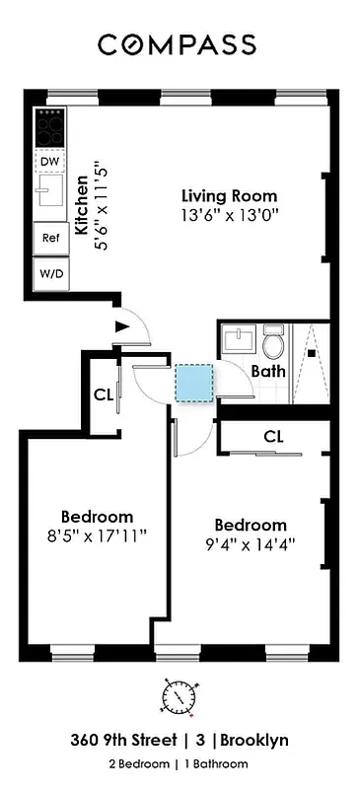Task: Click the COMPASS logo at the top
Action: click(x=177, y=44)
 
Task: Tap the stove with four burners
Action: click(x=50, y=126)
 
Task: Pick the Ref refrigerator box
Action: click(x=49, y=238)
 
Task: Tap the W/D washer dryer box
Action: click(x=49, y=273)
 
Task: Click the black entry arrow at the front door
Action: click(x=122, y=325)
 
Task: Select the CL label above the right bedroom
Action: click(x=275, y=436)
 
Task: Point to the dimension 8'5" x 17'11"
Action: click(x=97, y=538)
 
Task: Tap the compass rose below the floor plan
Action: click(x=179, y=698)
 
